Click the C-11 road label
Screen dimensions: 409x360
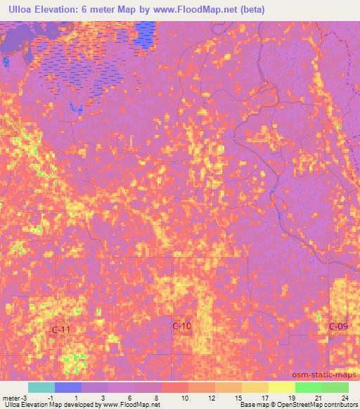pos(63,329)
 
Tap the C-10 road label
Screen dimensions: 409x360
pos(182,326)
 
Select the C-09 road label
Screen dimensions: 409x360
pos(338,326)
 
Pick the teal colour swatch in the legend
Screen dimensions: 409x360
pos(41,387)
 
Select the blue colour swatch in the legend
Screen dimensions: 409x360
pos(68,387)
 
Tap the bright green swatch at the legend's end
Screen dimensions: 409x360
pos(335,387)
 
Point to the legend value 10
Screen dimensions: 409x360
pos(184,398)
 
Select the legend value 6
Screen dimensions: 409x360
pos(130,398)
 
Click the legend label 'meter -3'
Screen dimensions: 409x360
pos(14,398)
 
